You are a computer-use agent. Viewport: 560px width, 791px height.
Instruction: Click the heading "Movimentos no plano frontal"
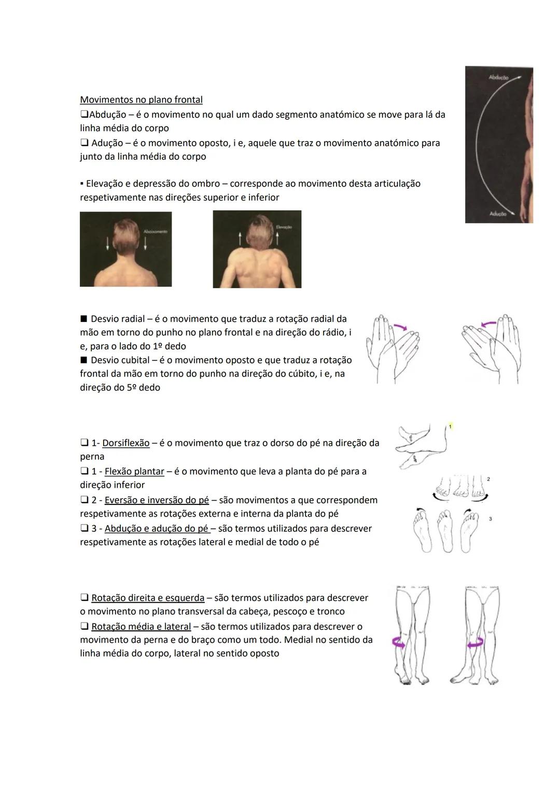141,100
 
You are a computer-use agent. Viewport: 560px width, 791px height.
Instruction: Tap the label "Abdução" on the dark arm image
498,77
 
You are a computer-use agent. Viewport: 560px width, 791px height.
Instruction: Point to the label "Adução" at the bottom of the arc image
498,214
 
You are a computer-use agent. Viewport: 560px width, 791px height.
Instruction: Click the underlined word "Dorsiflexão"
125,443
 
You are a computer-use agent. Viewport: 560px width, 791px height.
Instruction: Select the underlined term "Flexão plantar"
134,472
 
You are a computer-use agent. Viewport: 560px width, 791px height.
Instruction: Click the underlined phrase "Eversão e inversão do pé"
157,500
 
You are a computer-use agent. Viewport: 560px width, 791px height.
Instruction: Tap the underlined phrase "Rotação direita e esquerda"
148,598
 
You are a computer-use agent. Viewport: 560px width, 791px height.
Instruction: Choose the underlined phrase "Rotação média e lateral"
141,627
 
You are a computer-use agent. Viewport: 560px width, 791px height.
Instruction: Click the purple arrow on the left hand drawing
400,327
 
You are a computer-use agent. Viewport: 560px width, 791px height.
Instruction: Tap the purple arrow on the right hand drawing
488,324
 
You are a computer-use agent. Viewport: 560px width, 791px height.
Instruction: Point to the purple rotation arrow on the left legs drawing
399,642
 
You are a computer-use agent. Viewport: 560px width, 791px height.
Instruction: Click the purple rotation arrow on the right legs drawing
475,643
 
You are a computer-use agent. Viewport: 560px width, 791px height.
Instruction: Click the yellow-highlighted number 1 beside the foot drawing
450,426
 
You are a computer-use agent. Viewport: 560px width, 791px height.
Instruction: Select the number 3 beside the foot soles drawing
491,518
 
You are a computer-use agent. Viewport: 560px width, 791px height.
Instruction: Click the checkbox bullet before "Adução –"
84,143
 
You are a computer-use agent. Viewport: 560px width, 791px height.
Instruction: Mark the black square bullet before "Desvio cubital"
83,360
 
